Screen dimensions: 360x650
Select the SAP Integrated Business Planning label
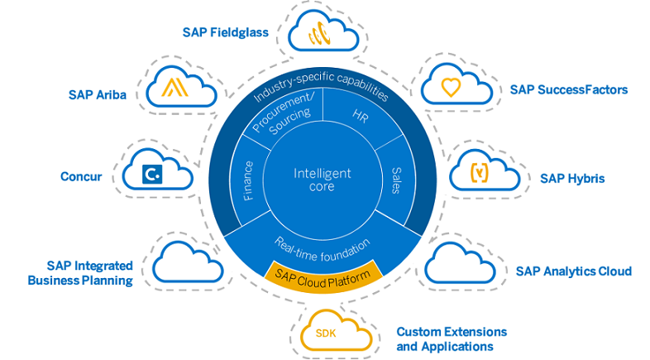[x=79, y=273]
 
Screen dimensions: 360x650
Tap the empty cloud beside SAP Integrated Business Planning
[x=187, y=262]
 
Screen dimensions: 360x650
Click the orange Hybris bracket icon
[x=480, y=174]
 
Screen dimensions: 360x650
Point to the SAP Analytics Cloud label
[x=573, y=271]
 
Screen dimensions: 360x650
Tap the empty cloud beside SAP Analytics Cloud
[x=459, y=263]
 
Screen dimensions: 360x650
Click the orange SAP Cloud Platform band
[x=324, y=271]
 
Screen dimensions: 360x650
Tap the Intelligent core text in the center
[x=323, y=180]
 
